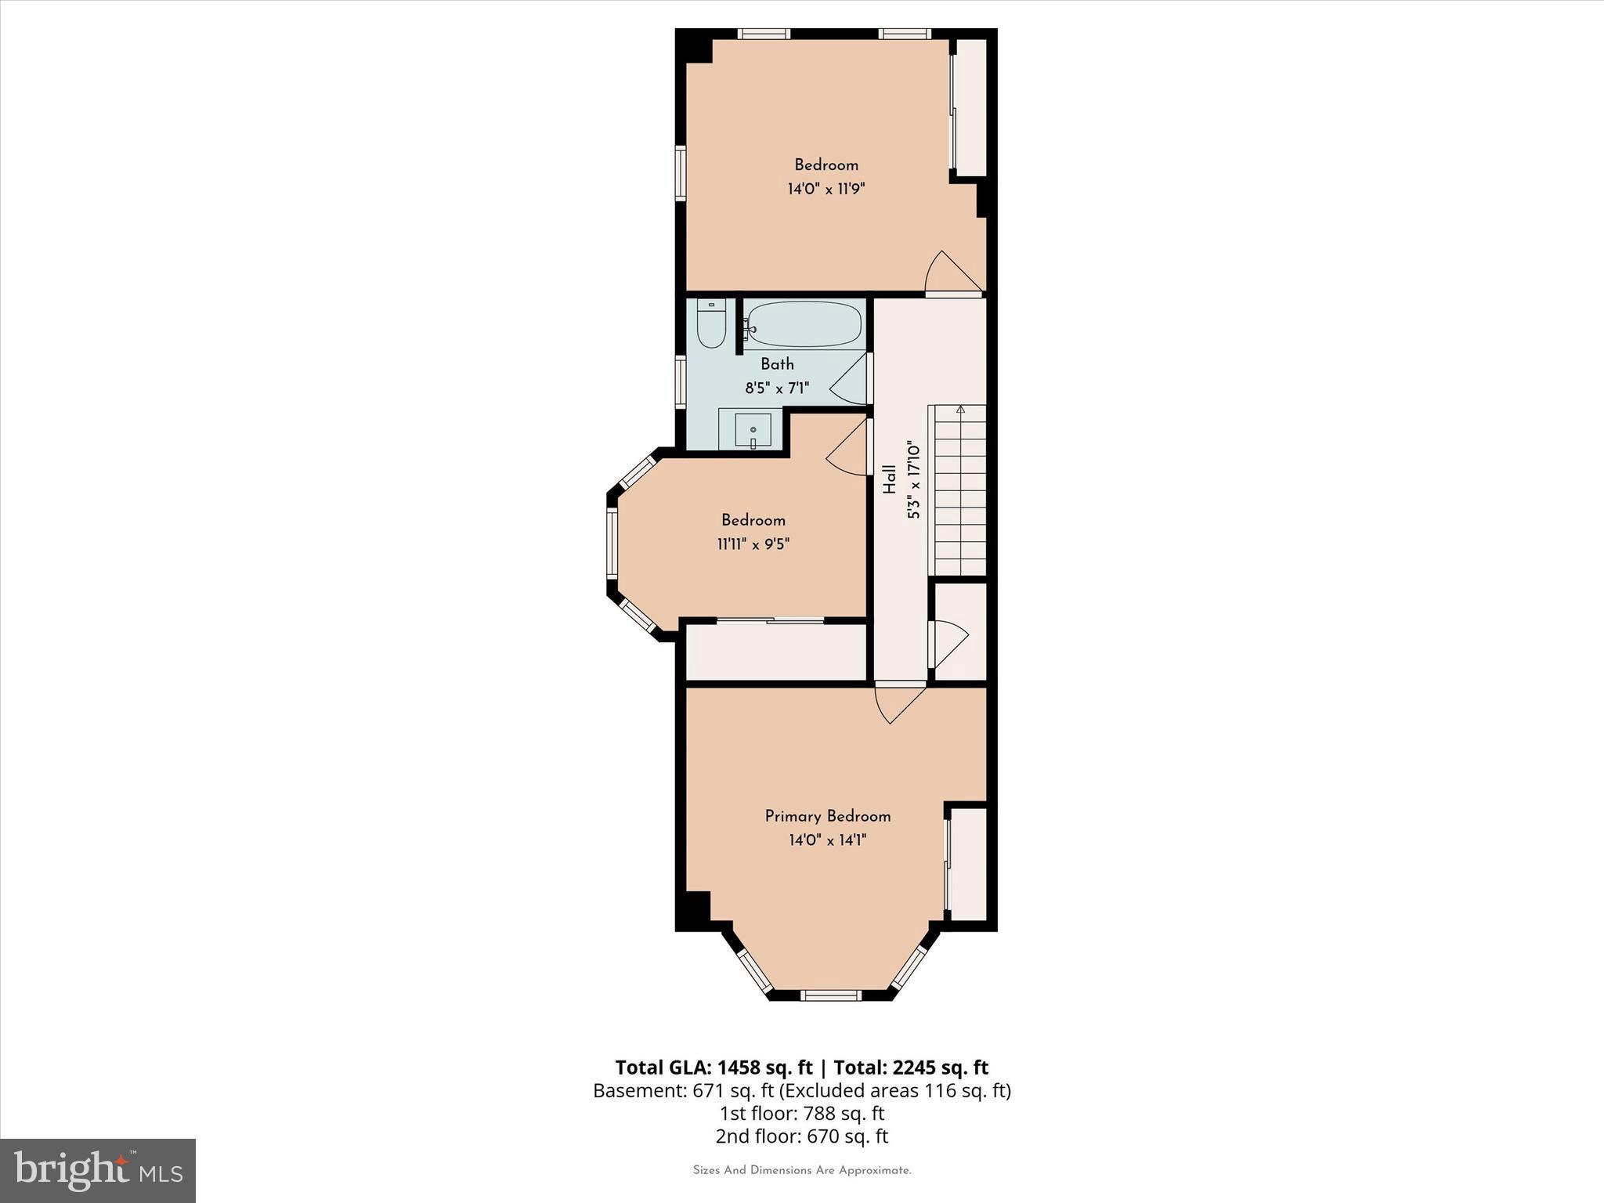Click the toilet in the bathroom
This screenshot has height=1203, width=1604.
coord(711,324)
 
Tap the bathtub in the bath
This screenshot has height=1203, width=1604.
coord(804,323)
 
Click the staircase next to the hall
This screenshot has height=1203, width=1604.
coord(957,490)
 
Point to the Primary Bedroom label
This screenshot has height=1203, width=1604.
coord(828,816)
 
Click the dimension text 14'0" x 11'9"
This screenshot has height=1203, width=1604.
coord(826,189)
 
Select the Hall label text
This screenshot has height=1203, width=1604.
coord(890,479)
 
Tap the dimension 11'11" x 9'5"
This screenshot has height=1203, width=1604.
coord(753,544)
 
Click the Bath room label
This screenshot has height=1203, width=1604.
coord(777,364)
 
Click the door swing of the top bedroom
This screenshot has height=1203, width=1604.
coord(949,274)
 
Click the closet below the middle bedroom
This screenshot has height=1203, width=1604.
coord(775,652)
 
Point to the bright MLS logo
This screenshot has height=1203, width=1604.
coord(98,1170)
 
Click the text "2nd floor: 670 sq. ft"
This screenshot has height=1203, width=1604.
coord(801,1136)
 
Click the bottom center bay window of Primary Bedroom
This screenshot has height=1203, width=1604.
coord(831,995)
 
